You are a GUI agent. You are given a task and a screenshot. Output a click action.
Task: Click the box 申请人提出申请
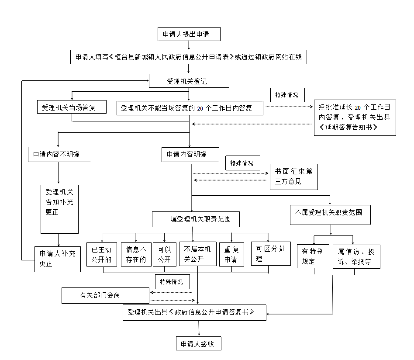[x=189, y=34]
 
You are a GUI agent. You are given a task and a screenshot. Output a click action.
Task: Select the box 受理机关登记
[x=189, y=81]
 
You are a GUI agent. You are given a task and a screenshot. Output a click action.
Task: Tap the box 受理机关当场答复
[x=72, y=107]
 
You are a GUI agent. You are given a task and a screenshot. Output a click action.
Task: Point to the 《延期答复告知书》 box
[x=355, y=118]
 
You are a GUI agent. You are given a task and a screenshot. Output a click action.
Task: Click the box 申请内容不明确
[x=60, y=155]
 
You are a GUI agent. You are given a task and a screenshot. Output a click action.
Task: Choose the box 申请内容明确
[x=190, y=155]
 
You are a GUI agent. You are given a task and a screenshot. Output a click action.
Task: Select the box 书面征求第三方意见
[x=294, y=177]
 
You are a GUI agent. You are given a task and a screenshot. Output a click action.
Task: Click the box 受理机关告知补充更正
[x=60, y=209]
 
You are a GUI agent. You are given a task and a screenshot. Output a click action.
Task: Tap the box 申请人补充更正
[x=58, y=259]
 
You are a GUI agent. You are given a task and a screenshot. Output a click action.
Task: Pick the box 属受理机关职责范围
[x=196, y=219]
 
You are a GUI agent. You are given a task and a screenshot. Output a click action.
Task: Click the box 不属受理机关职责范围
[x=330, y=215]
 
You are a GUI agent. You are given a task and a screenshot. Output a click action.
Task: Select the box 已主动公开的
[x=102, y=254]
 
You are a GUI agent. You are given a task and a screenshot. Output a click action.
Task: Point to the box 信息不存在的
[x=136, y=254]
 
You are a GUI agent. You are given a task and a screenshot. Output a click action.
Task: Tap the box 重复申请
[x=231, y=254]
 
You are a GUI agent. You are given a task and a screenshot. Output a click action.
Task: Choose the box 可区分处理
[x=271, y=253]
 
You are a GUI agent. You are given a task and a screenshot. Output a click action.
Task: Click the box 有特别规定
[x=313, y=256]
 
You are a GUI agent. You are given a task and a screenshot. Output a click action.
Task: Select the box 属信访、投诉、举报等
[x=356, y=257]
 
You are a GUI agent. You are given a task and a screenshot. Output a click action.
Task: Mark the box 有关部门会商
[x=106, y=295]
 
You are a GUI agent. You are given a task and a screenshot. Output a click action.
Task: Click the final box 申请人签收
[x=199, y=343]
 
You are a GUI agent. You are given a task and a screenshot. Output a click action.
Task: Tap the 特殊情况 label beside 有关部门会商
[x=172, y=282]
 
